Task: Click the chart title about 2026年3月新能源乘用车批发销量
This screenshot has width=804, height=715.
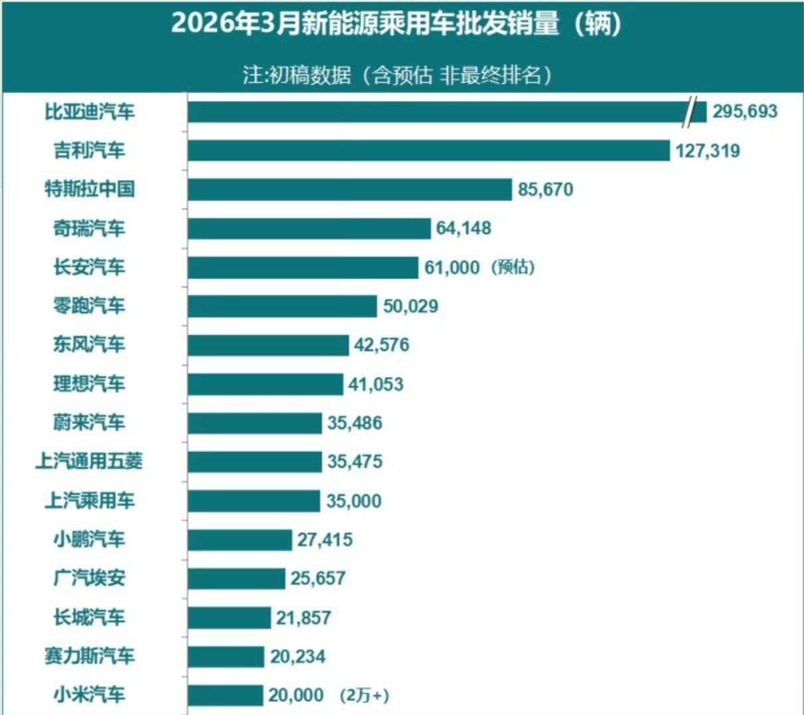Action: pos(397,25)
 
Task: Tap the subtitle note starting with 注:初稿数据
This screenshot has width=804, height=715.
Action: pos(397,75)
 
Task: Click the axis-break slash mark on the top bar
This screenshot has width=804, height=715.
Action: pos(695,111)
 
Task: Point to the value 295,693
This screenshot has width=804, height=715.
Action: pos(744,112)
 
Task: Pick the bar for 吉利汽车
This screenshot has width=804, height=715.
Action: pos(428,150)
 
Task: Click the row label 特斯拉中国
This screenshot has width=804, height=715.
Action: pos(90,189)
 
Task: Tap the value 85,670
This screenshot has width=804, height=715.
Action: pos(545,190)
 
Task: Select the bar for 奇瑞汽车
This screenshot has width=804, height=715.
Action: pos(309,229)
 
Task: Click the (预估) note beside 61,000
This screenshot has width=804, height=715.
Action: pos(513,267)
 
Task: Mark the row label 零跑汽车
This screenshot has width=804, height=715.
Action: pos(90,306)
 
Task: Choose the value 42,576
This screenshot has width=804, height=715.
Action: pos(382,345)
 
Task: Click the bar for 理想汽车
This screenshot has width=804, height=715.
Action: pos(265,384)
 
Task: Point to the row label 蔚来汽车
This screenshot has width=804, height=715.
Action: pos(90,423)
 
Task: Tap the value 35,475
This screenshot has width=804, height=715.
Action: pos(355,462)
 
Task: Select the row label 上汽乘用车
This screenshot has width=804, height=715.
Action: pos(90,500)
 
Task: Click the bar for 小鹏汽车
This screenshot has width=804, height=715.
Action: pos(240,540)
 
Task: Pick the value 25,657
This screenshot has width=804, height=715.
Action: pos(317,578)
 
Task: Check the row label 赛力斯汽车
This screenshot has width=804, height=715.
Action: pos(90,656)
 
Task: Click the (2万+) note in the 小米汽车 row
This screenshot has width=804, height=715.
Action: pos(364,696)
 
